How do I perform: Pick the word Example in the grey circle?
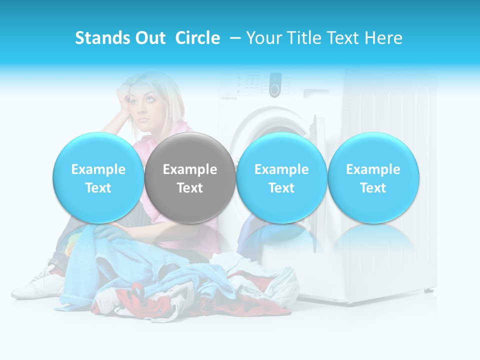(x=190, y=169)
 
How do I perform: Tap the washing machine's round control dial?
(x=274, y=85)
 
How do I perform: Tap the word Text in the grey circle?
(x=190, y=188)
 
